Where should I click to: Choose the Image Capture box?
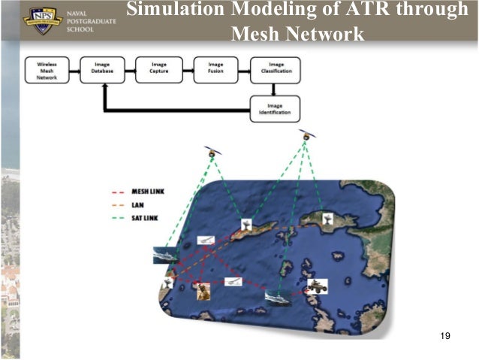point(159,69)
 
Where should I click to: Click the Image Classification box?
point(275,69)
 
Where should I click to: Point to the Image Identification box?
point(275,109)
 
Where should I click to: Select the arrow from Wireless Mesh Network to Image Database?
point(73,69)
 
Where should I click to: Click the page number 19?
point(445,335)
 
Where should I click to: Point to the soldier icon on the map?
point(200,290)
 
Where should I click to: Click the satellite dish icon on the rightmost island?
point(326,219)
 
